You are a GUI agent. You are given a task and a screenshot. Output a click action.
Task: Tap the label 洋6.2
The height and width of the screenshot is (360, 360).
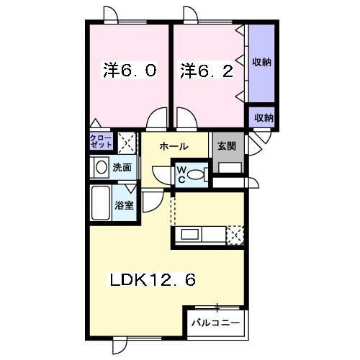pyautogui.click(x=206, y=71)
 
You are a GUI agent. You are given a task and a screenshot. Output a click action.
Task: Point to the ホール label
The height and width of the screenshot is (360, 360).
pyautogui.click(x=174, y=146)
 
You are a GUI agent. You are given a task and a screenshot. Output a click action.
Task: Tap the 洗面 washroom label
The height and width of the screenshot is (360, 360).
pyautogui.click(x=122, y=167)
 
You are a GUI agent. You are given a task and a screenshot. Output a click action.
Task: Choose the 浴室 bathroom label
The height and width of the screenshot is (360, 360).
pyautogui.click(x=124, y=205)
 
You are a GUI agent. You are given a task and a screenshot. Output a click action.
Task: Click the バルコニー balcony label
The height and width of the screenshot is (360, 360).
pyautogui.click(x=215, y=322)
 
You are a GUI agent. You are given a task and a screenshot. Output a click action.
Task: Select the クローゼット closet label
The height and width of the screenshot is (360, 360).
pyautogui.click(x=102, y=140)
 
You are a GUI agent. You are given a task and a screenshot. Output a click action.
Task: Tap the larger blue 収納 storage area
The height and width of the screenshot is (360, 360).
pyautogui.click(x=261, y=63)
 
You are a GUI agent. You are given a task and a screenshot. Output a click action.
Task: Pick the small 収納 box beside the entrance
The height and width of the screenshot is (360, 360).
pyautogui.click(x=263, y=117)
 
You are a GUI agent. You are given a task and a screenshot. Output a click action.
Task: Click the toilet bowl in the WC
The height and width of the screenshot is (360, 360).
pyautogui.click(x=202, y=174)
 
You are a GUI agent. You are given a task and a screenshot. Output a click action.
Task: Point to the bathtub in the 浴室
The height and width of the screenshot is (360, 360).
pyautogui.click(x=100, y=204)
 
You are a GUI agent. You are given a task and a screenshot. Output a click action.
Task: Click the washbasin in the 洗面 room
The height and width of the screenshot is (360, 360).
pyautogui.click(x=99, y=166)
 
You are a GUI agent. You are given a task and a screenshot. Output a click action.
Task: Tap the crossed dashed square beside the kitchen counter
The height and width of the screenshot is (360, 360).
pyautogui.click(x=235, y=235)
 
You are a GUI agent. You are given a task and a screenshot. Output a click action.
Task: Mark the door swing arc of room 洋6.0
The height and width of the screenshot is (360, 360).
pyautogui.click(x=156, y=120)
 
